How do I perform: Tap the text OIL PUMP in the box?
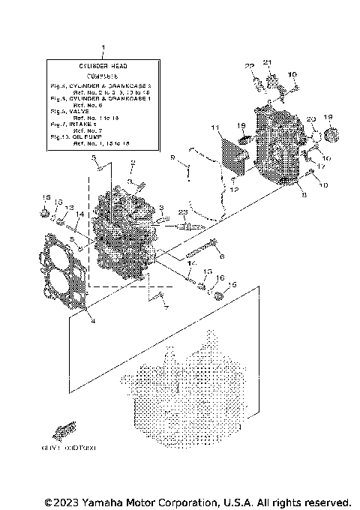point(88,137)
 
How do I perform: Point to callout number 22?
point(250,66)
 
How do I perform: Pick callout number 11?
point(214,128)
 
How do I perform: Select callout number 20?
point(310,120)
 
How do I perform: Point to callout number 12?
point(234,190)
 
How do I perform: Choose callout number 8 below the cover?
point(302,195)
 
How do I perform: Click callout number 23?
point(181,213)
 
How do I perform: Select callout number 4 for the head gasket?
point(92,320)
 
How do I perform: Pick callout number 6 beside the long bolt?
point(222,256)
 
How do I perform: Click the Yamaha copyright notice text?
point(197,501)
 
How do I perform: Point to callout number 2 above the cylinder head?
point(132,163)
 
